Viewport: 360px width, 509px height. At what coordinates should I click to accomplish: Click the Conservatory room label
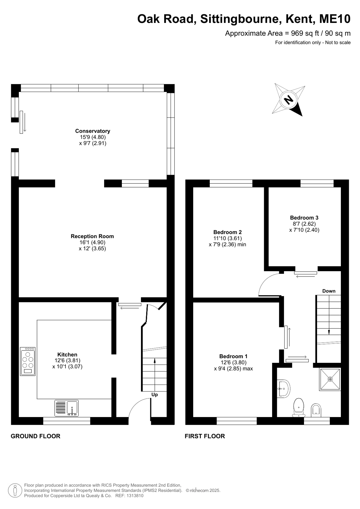(93, 131)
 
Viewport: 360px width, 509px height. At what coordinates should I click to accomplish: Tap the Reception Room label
(92, 236)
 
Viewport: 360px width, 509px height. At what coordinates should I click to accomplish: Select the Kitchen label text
(67, 355)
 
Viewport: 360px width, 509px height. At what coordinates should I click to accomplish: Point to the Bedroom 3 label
(304, 218)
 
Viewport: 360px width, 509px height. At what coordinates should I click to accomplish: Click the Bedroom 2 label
(228, 232)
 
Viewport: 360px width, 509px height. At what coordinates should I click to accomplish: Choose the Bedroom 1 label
(233, 356)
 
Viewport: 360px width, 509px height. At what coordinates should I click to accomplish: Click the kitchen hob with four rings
(28, 361)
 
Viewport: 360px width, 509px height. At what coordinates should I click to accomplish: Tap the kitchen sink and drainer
(67, 408)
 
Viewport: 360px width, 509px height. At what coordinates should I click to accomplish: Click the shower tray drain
(330, 379)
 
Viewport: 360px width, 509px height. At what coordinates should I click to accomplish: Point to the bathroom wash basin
(283, 389)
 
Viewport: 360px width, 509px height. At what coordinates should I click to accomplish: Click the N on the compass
(289, 100)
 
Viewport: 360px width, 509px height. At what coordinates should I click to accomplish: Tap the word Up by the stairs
(155, 395)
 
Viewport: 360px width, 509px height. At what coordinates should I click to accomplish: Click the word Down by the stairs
(329, 291)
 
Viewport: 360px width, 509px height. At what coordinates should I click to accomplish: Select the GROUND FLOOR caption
(36, 436)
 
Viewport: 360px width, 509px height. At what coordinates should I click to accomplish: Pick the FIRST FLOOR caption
(205, 436)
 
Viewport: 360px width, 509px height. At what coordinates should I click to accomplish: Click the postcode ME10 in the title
(335, 19)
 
